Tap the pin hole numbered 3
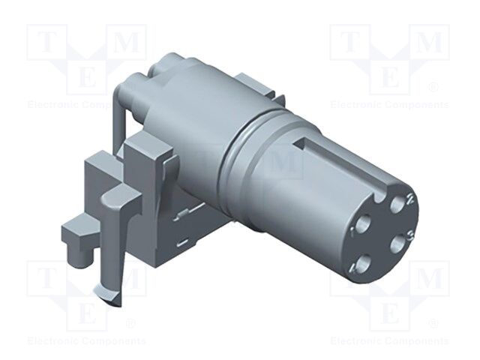click(x=393, y=244)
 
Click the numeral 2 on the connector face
click(x=410, y=199)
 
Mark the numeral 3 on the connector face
click(x=409, y=237)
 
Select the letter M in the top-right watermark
click(x=430, y=43)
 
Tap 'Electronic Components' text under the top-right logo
click(x=389, y=105)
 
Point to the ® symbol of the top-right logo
click(x=433, y=88)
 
